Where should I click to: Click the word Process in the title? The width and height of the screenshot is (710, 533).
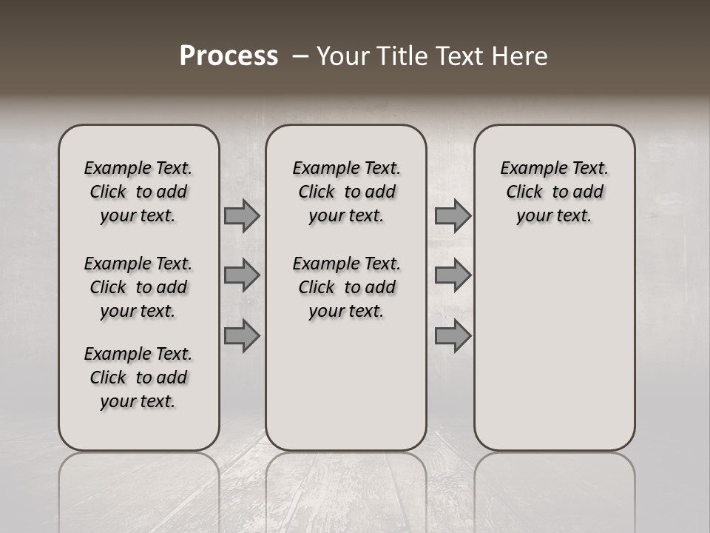coord(229,56)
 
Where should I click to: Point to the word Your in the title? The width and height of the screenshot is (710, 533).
coord(343,56)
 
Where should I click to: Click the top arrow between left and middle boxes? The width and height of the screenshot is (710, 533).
coord(242,216)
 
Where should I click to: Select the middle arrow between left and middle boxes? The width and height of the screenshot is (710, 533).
coord(242,275)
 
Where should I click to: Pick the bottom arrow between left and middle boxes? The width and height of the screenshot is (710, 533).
coord(242,335)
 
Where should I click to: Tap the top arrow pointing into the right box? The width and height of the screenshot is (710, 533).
coord(453,216)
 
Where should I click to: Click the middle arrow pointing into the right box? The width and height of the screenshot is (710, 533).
coord(453,275)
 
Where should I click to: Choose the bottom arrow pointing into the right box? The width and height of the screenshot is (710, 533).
coord(453,335)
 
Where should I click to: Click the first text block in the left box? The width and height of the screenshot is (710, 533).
coord(138,192)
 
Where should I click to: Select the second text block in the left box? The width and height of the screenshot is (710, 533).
coord(138,287)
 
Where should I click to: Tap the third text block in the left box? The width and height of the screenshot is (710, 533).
coord(138,378)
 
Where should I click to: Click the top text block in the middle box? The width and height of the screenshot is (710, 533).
coord(346,192)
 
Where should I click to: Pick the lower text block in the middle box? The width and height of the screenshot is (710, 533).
coord(346,287)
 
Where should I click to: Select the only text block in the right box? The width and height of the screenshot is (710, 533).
coord(554,192)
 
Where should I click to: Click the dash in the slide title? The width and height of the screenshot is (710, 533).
coord(300,57)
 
